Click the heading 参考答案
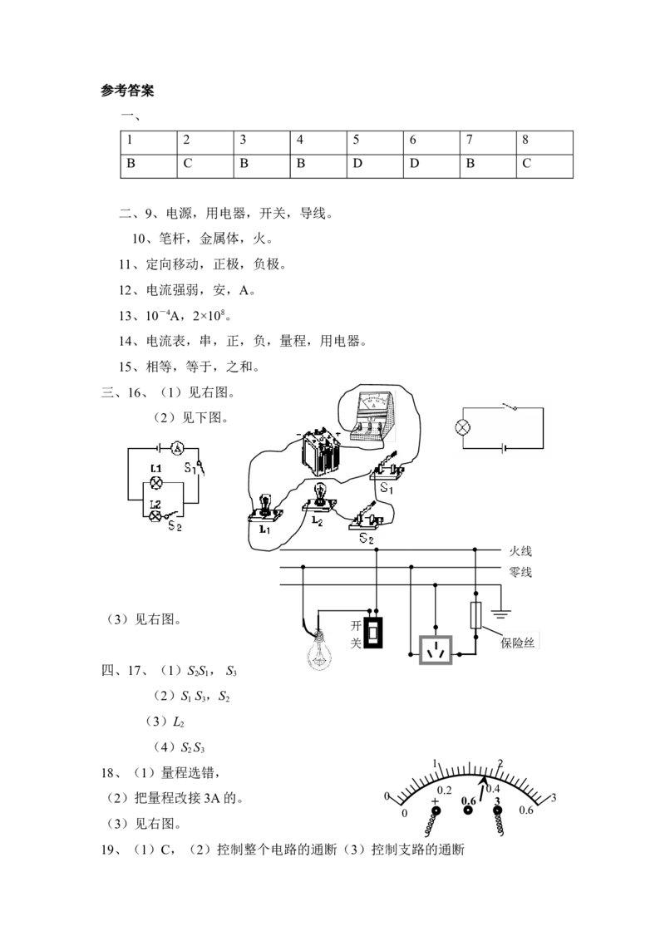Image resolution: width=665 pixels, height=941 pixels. coord(127,91)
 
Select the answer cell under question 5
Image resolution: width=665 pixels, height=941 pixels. coord(375,166)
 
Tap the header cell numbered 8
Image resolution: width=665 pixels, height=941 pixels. coord(544,143)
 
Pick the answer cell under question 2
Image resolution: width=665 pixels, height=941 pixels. coord(205,166)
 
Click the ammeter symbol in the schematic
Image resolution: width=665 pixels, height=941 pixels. coord(176,448)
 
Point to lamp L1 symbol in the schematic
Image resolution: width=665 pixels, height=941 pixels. coord(156,482)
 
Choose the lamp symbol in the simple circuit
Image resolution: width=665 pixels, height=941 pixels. coord(462,428)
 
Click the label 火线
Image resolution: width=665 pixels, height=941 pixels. coord(520,551)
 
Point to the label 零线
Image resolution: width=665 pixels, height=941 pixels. coord(520,572)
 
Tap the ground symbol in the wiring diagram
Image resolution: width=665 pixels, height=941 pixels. coord(500,613)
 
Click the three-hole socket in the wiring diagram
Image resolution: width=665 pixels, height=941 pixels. coord(435,649)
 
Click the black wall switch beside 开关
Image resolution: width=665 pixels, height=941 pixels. coord(374,632)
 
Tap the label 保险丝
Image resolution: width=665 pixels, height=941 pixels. coord(517,642)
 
